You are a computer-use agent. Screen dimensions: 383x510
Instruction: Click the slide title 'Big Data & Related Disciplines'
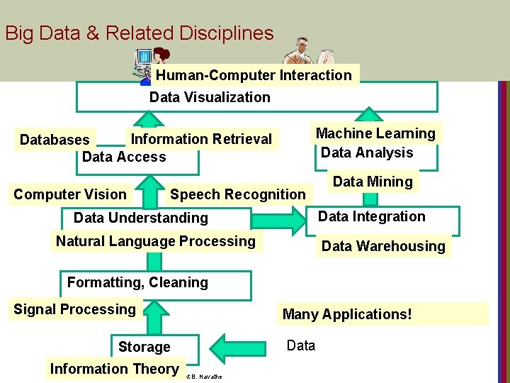click(x=139, y=33)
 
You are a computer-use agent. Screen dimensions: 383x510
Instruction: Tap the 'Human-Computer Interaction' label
click(x=254, y=75)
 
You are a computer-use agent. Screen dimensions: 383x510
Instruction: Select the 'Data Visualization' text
click(x=210, y=97)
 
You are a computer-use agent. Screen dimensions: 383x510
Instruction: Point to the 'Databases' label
click(x=55, y=140)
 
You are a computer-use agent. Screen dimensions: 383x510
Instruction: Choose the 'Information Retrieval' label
click(x=201, y=139)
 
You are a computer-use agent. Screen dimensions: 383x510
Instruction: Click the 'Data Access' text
click(x=124, y=157)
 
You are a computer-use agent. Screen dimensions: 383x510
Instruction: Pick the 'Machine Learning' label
click(x=375, y=133)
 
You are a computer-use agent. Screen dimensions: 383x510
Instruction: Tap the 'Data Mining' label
click(x=373, y=182)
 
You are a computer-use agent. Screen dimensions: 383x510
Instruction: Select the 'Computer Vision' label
click(x=70, y=194)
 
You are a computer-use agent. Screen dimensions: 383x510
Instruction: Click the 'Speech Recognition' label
click(x=237, y=194)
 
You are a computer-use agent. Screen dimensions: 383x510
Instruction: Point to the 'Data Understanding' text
click(x=141, y=218)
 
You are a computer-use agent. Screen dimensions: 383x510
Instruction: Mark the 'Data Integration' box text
click(x=371, y=216)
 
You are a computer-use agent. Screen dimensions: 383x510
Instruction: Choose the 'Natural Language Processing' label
click(x=156, y=241)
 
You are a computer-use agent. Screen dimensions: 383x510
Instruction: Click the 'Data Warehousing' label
click(x=383, y=246)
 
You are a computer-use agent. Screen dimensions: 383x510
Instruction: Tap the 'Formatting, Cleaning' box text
click(x=137, y=282)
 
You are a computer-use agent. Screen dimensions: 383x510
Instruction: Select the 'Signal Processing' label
click(x=74, y=309)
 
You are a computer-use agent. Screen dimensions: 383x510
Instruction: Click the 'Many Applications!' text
click(x=347, y=313)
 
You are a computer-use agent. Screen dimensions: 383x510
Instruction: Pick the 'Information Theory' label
click(x=114, y=369)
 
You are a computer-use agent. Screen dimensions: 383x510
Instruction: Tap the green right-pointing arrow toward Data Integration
click(x=286, y=221)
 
